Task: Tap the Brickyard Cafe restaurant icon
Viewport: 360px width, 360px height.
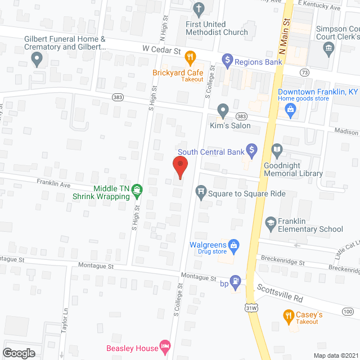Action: coord(191,56)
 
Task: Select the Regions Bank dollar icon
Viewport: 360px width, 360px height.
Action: coord(227,58)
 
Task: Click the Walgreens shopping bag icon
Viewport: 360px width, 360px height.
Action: coord(235,245)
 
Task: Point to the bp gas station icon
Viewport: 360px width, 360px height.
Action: coord(237,280)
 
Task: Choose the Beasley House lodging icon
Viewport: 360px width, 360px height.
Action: coord(165,344)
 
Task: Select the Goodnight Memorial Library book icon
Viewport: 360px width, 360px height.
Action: coord(277,150)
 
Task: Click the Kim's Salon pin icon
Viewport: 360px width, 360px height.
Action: coord(223,110)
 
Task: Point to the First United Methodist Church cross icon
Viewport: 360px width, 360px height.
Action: coord(197,9)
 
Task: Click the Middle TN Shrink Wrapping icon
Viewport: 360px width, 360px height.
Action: coord(136,192)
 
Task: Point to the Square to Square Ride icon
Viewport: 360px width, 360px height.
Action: coord(201,193)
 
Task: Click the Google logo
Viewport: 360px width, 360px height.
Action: coord(19,353)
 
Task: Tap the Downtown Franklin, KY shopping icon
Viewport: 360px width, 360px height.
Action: coord(291,109)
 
